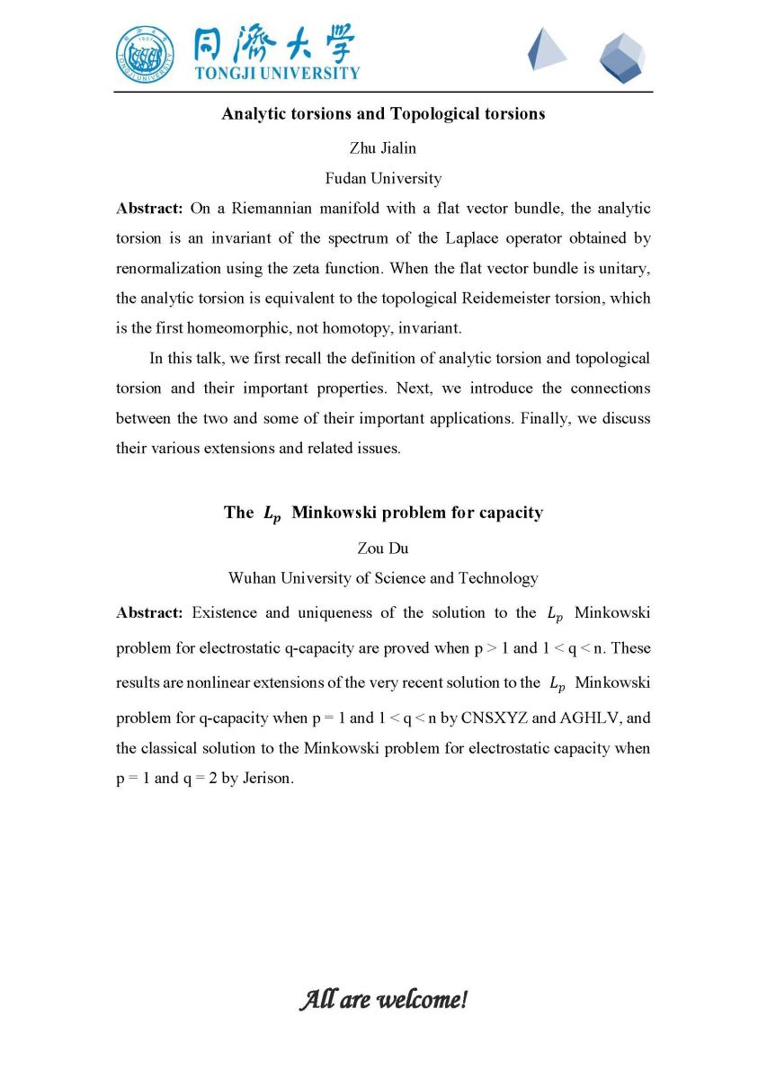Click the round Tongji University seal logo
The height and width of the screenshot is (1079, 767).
point(146,55)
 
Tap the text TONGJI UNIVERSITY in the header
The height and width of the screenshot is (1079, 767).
point(277,73)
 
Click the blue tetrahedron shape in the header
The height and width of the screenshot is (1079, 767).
point(546,49)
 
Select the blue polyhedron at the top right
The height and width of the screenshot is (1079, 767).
point(622,58)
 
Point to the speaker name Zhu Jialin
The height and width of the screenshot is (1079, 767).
point(383,148)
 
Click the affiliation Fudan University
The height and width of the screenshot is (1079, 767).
point(383,178)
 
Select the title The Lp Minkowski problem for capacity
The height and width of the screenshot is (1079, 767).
point(383,513)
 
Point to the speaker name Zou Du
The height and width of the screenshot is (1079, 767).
point(383,548)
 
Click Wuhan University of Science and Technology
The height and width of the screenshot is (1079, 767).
point(383,578)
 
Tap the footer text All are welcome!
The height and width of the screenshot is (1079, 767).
point(383,999)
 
